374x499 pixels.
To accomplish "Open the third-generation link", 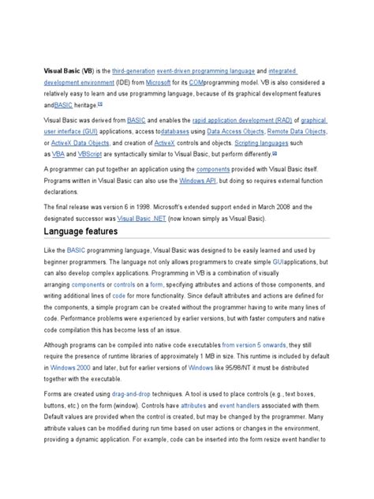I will [135, 71].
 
